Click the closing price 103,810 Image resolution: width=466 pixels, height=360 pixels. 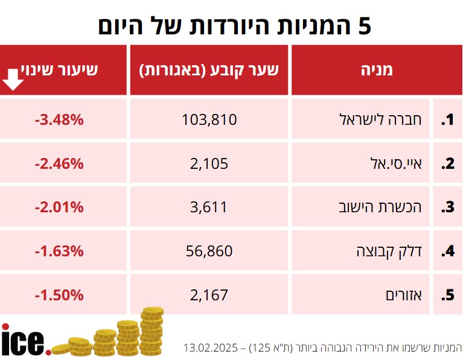point(209,119)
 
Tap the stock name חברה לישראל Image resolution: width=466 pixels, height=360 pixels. point(386,119)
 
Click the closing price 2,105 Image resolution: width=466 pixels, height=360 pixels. point(209,163)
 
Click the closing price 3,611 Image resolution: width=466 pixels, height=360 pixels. point(209,207)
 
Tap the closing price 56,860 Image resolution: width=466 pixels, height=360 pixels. point(209,251)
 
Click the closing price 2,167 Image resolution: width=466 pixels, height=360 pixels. point(209,295)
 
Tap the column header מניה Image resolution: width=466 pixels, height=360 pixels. point(377,69)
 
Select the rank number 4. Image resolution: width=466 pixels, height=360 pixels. point(447,251)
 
